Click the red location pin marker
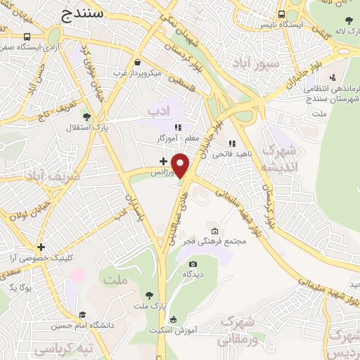[x=181, y=165]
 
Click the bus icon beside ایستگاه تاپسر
[x=281, y=14]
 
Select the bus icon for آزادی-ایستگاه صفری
[x=27, y=37]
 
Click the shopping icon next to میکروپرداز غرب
[x=137, y=62]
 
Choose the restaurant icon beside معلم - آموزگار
[x=178, y=128]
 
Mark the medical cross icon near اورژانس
[x=163, y=162]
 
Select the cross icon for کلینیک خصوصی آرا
[x=41, y=247]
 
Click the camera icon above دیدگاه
[x=193, y=264]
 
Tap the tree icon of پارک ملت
[x=148, y=295]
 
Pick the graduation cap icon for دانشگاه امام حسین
[x=82, y=315]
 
